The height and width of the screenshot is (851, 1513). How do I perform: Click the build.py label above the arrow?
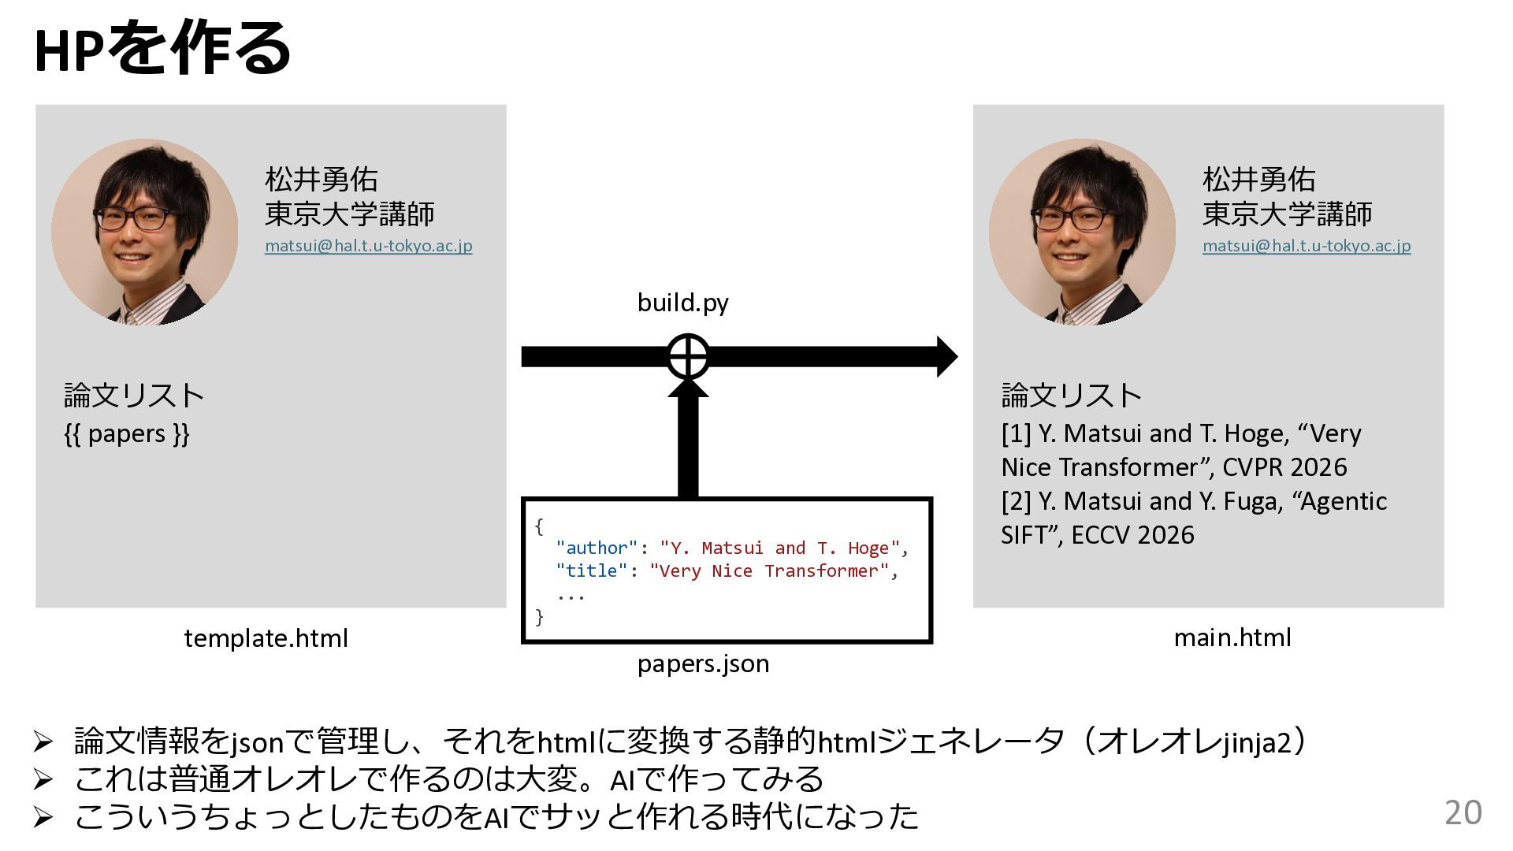click(682, 303)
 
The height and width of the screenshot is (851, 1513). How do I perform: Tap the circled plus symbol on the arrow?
click(688, 356)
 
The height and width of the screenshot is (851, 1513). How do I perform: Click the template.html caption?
click(266, 637)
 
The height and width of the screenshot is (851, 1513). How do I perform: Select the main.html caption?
click(1232, 637)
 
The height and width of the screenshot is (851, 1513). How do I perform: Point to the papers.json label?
click(703, 663)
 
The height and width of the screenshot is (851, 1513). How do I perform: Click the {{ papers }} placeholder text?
click(127, 433)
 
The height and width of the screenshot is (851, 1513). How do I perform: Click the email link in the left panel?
click(368, 245)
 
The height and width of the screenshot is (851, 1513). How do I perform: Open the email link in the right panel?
click(1306, 245)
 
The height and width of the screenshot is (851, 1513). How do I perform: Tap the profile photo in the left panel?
click(145, 232)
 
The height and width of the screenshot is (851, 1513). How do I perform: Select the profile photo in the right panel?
click(1082, 232)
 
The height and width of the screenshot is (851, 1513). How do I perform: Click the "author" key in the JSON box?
click(596, 548)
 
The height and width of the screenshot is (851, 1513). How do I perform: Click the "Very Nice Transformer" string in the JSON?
click(769, 570)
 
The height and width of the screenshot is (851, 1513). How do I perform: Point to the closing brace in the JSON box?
click(539, 616)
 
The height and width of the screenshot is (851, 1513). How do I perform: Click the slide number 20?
click(1463, 812)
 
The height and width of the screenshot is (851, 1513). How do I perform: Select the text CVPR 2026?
click(1284, 467)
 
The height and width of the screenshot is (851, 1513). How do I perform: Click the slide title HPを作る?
click(162, 49)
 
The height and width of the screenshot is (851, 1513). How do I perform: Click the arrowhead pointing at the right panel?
click(946, 356)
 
